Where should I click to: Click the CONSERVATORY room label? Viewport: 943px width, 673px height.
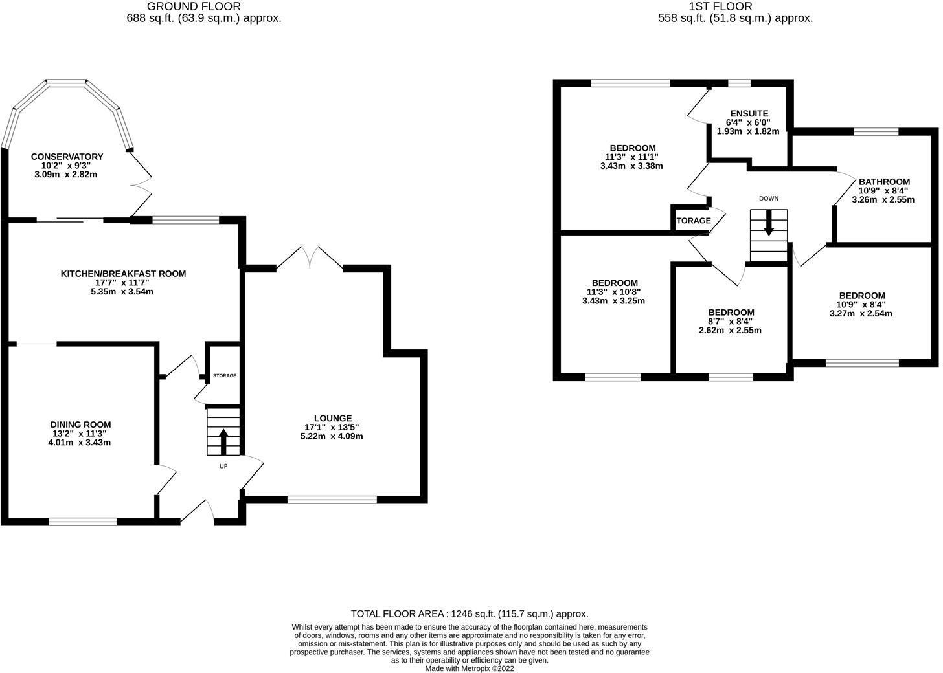coord(67,157)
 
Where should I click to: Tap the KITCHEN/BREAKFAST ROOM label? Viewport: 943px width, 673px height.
coord(123,274)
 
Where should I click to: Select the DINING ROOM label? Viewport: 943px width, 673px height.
coord(81,425)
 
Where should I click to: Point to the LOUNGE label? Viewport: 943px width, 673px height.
coord(332,418)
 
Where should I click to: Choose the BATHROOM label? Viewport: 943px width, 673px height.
coord(884,182)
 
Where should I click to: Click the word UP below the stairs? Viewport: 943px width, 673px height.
coord(223,465)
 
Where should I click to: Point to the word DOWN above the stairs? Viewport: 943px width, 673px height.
coord(769,199)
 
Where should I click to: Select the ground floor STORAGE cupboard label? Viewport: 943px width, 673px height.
coord(225,375)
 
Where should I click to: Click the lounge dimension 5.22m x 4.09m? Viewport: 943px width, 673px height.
coord(332,436)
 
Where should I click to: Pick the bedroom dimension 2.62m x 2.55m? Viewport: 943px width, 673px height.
coord(731,330)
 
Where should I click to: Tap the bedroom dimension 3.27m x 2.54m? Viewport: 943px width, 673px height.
coord(861,314)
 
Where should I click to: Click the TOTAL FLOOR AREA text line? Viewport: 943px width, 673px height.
coord(470,613)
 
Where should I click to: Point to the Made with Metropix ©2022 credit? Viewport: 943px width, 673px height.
coord(470,668)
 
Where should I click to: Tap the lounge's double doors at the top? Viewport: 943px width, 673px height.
coord(310,258)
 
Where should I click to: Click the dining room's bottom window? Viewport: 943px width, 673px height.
coord(83,521)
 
